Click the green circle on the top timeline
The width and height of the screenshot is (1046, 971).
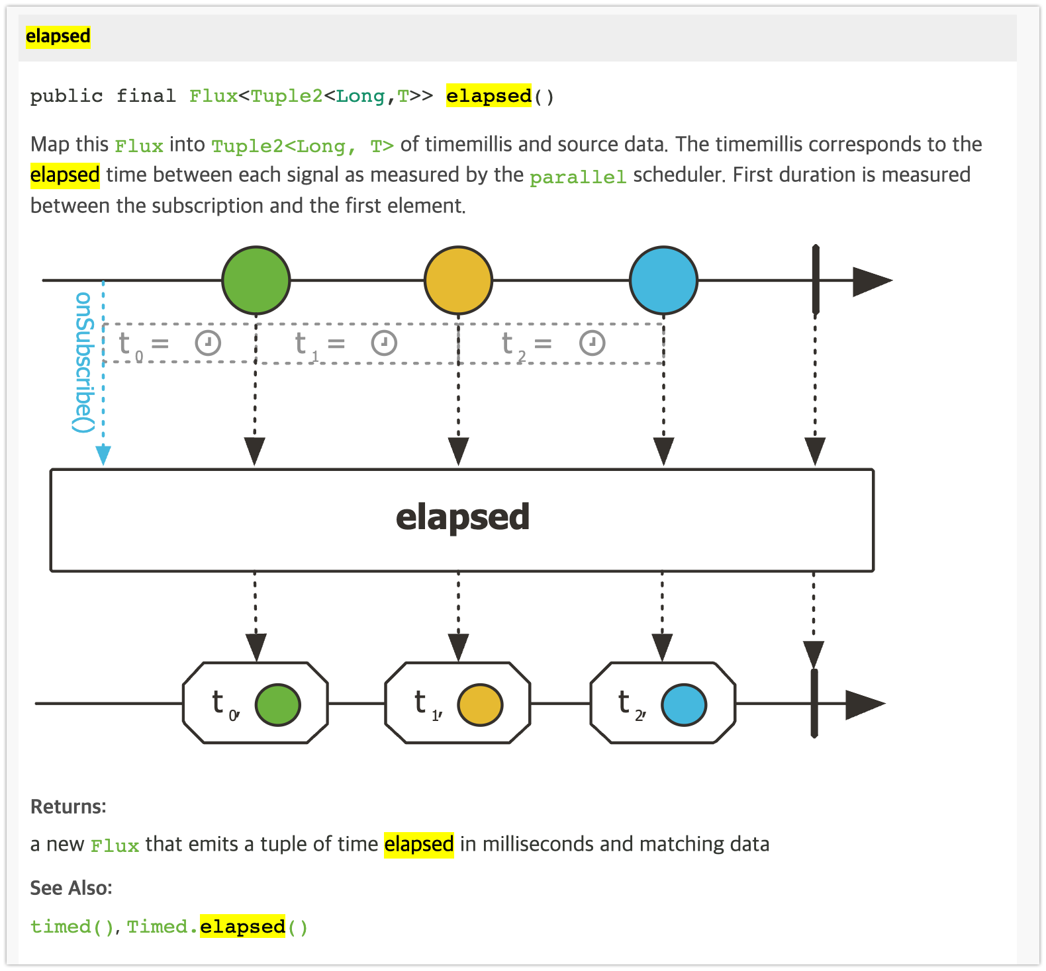point(256,280)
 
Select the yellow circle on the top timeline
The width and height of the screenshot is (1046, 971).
point(458,280)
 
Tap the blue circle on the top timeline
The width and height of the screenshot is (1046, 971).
point(663,280)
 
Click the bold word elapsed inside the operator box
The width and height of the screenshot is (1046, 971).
point(463,517)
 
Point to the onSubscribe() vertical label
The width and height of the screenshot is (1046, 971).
point(83,362)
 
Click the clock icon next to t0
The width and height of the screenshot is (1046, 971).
point(208,343)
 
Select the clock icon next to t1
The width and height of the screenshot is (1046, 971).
point(384,343)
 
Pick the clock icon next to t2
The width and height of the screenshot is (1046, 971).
point(592,343)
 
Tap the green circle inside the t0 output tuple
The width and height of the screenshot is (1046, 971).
point(278,704)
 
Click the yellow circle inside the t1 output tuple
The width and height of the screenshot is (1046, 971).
point(481,704)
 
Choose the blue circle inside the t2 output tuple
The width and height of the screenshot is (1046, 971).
point(684,704)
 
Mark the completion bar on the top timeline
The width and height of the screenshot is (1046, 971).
point(816,280)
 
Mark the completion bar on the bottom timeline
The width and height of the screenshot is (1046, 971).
point(814,703)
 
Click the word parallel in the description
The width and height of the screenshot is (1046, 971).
point(578,177)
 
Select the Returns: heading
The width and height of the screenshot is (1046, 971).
point(68,806)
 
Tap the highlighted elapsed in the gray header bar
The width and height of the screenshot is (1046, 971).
point(58,36)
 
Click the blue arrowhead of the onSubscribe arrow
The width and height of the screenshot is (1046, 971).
point(103,455)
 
